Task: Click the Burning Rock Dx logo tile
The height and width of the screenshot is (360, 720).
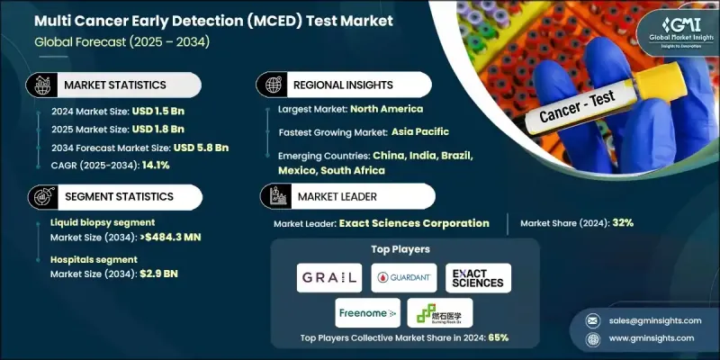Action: [x=440, y=313]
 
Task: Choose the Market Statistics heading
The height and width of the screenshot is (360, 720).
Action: [x=114, y=85]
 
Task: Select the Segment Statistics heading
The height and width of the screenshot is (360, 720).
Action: [x=117, y=197]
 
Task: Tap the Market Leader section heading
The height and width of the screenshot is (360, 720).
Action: [x=332, y=197]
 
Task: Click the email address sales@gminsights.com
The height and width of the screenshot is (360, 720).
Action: [x=649, y=319]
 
